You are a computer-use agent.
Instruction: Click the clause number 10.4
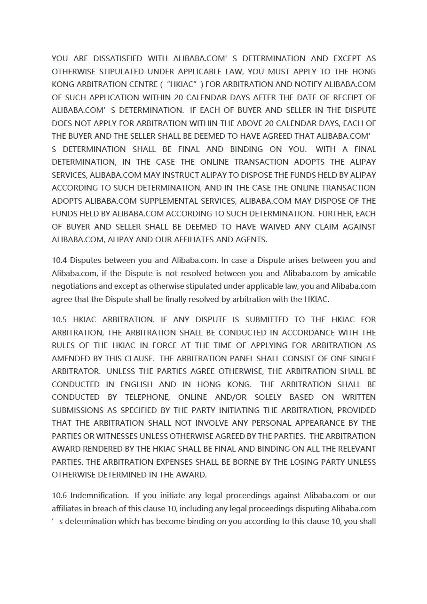pos(59,261)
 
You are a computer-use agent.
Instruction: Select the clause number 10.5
pos(59,320)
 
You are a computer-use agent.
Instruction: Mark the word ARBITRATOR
pos(75,372)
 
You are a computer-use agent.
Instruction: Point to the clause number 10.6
pos(59,496)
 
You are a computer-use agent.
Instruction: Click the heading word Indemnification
pos(99,496)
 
